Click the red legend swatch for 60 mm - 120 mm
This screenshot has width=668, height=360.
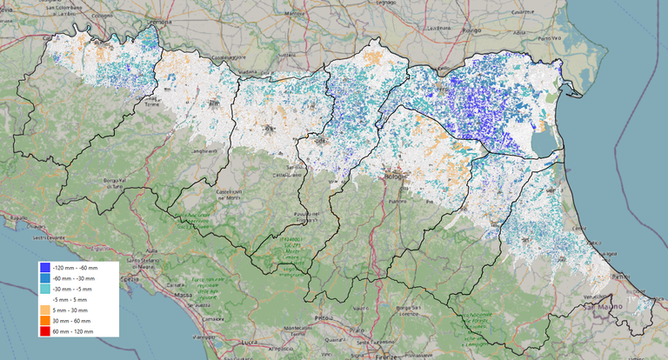tap(45, 331)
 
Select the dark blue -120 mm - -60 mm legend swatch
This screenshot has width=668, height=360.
tap(45, 267)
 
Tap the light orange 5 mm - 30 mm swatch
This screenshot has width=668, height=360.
tap(45, 310)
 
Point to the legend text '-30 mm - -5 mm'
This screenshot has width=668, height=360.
tap(74, 289)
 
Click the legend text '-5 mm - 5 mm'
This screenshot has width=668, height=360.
tap(72, 299)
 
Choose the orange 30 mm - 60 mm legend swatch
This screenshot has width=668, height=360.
tap(45, 321)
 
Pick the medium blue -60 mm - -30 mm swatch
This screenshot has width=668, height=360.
tap(45, 277)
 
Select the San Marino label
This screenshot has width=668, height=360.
tap(599, 308)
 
